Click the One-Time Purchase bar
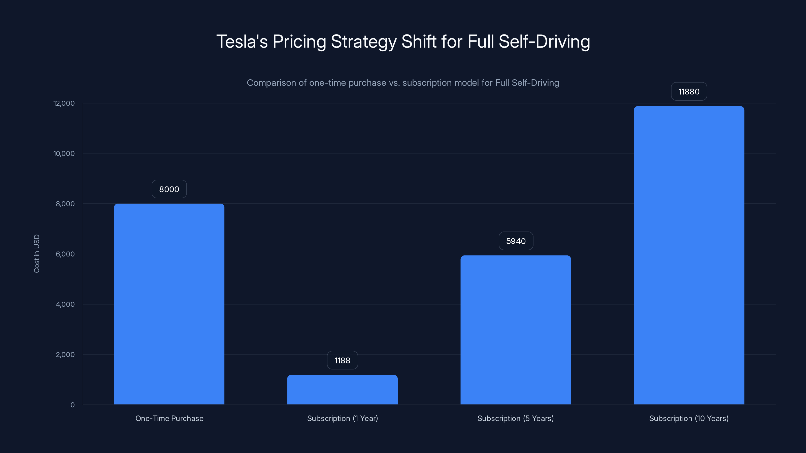(169, 304)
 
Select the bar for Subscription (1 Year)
(342, 390)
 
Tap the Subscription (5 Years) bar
(516, 330)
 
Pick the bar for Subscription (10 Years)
(689, 255)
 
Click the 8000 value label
(169, 189)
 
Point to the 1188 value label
(342, 360)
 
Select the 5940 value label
(516, 241)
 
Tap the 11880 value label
(689, 92)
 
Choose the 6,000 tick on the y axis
(65, 254)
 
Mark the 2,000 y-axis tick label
(65, 355)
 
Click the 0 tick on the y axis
(72, 405)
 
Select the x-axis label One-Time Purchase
(169, 418)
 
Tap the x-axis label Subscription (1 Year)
(342, 418)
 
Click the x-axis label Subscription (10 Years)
(689, 418)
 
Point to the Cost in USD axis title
(37, 253)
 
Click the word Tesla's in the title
(242, 42)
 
